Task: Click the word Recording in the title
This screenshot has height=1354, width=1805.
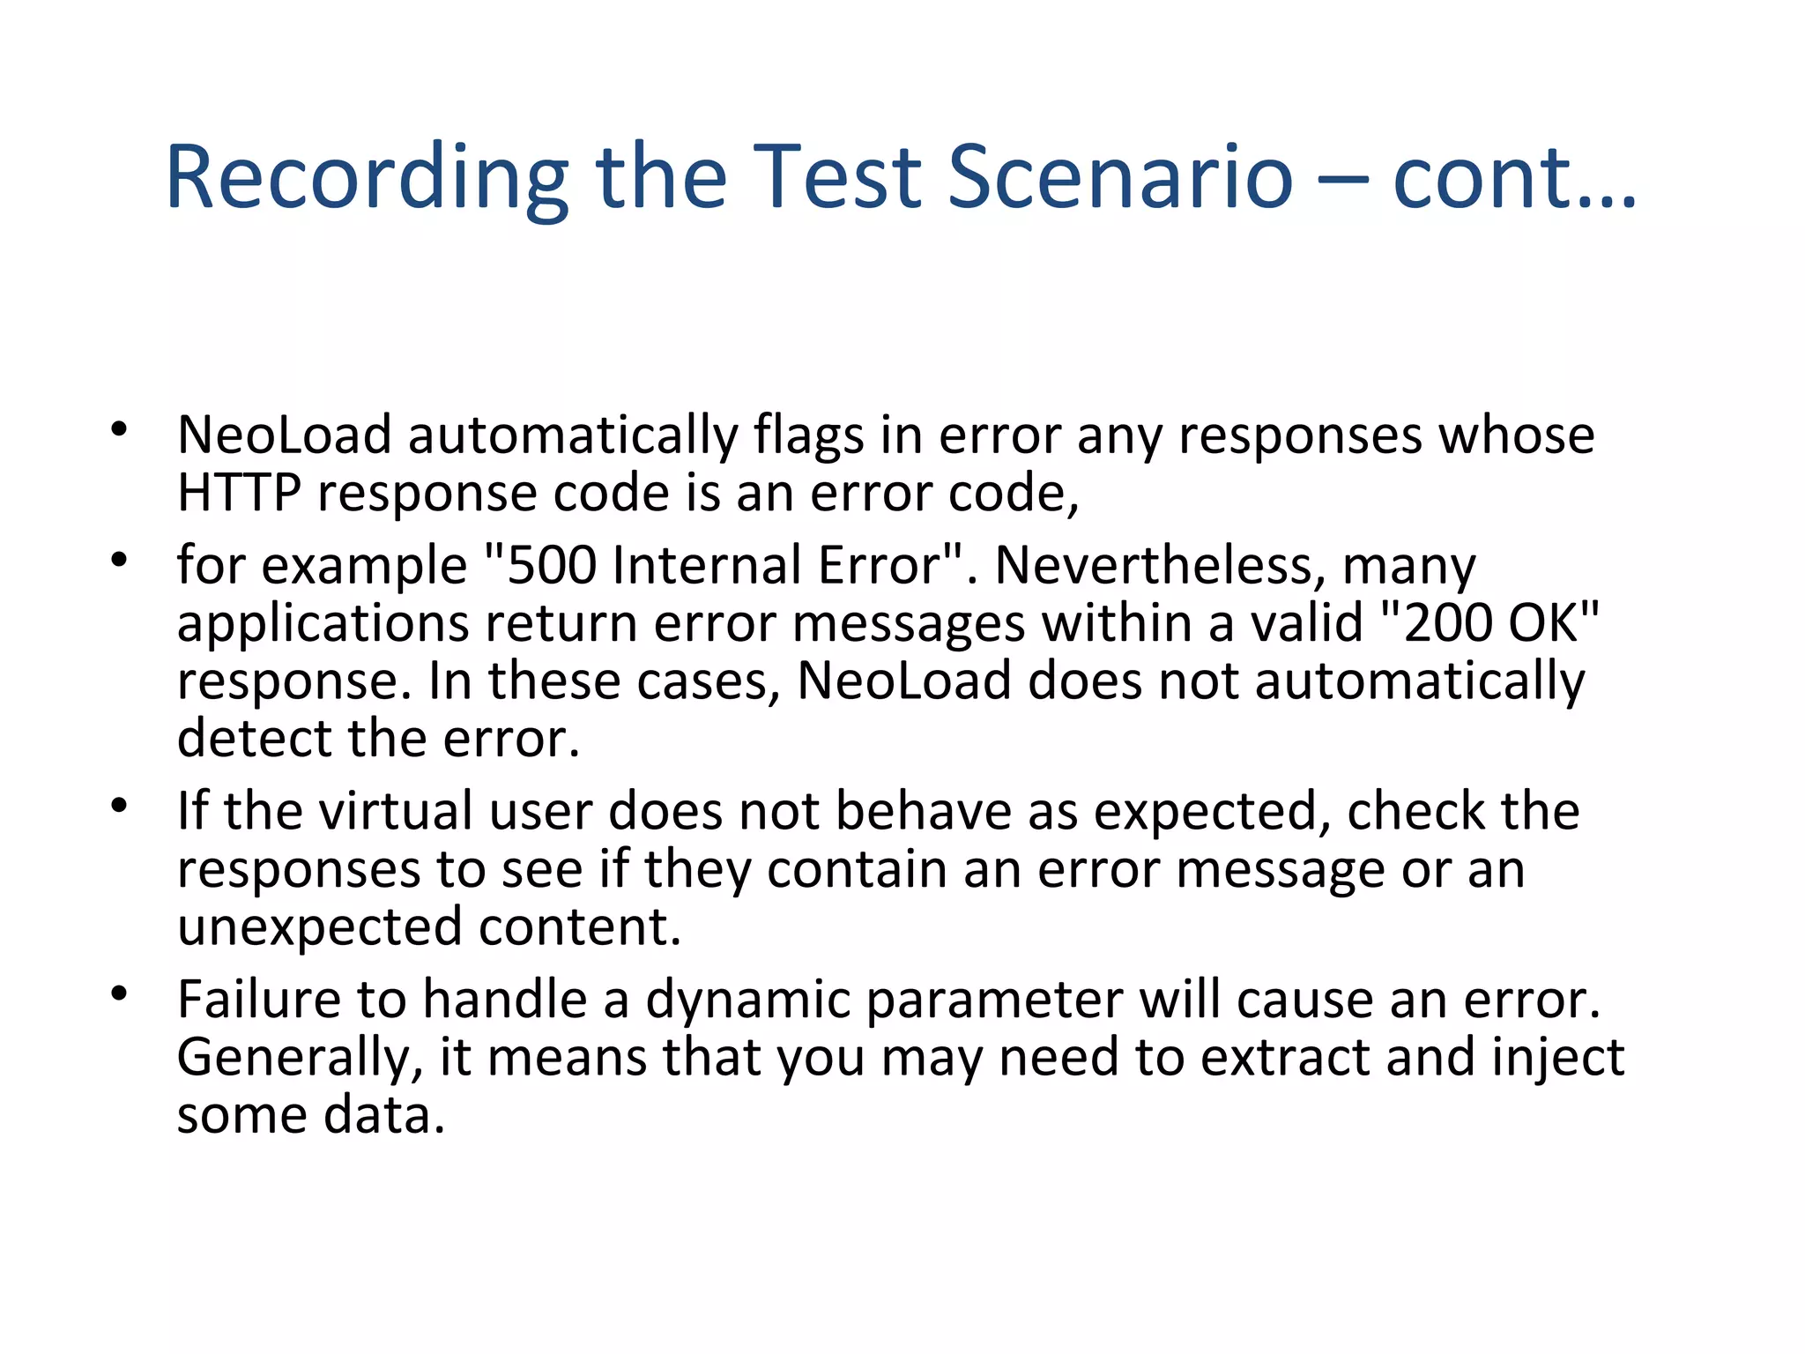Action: (x=367, y=178)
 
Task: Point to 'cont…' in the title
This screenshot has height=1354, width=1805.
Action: (x=1514, y=178)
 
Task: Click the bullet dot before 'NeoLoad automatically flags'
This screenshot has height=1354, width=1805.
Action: (x=120, y=430)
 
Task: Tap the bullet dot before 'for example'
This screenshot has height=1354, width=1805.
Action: (x=120, y=560)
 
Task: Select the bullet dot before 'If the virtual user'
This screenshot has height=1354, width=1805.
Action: (x=120, y=806)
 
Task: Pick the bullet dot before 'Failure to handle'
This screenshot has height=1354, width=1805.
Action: (x=120, y=994)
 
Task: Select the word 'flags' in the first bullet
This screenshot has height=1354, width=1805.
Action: (x=808, y=436)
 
